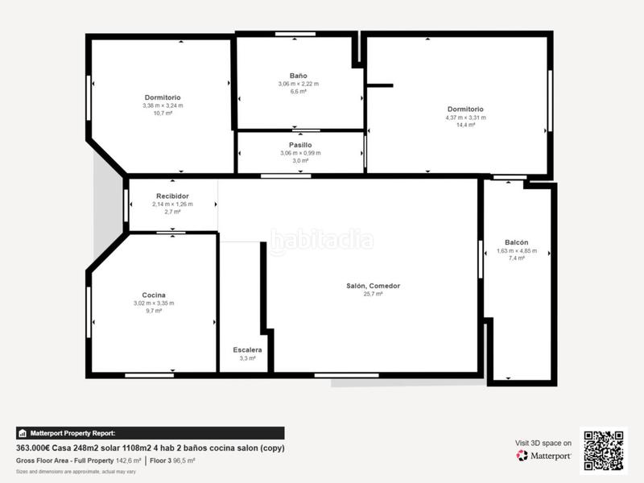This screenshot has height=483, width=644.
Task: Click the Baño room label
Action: (x=298, y=76)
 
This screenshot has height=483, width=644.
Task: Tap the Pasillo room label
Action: (x=300, y=145)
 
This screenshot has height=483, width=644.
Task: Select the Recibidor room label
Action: (x=172, y=196)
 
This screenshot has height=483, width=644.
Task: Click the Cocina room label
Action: (x=153, y=295)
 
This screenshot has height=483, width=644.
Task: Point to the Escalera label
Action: (x=247, y=349)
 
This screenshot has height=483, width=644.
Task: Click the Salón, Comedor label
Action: (x=373, y=286)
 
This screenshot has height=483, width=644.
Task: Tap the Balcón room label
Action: (x=516, y=242)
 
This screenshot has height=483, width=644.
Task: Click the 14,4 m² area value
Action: (x=465, y=125)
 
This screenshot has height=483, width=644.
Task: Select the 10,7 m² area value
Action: (x=163, y=113)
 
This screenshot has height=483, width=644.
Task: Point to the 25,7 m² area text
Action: (x=373, y=294)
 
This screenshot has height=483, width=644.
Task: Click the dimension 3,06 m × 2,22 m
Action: (x=298, y=84)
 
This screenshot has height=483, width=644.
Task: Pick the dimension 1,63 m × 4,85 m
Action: (x=516, y=250)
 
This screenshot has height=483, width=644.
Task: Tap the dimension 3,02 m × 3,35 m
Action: (x=153, y=303)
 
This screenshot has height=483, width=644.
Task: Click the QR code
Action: (x=603, y=451)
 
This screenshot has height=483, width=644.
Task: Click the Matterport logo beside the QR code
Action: (x=544, y=456)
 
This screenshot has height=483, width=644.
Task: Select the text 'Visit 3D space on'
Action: (x=543, y=443)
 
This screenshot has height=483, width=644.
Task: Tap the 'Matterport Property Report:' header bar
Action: (x=149, y=433)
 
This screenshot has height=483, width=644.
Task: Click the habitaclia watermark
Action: (x=321, y=240)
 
